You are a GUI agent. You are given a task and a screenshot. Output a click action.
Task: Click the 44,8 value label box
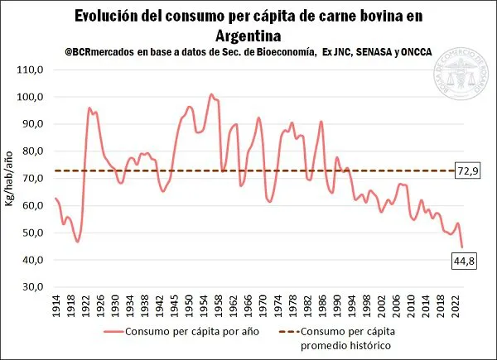point(463,262)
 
